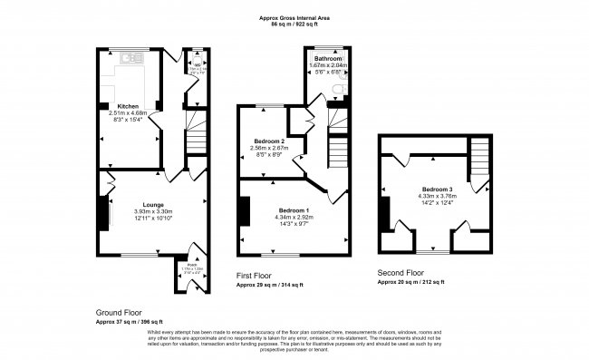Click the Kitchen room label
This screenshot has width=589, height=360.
[127, 105]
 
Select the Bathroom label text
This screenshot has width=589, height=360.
[328, 58]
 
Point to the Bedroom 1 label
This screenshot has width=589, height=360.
[292, 209]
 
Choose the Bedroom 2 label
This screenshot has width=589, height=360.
[268, 141]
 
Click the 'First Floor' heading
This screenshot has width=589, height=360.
[256, 276]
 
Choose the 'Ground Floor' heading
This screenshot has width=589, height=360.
[119, 312]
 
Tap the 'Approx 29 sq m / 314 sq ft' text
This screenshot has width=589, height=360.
[270, 285]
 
